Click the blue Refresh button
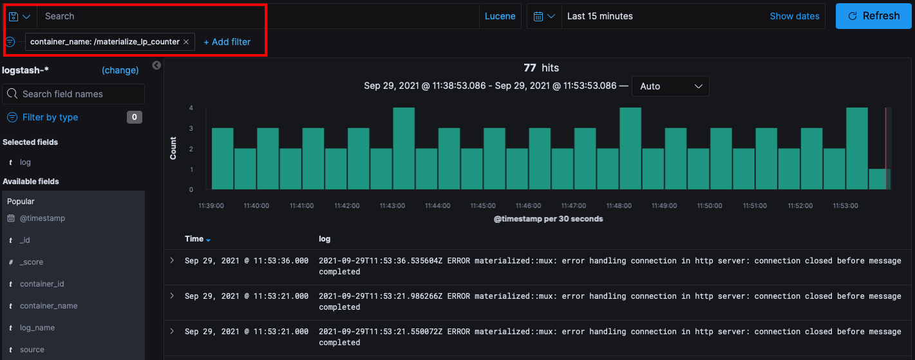[874, 16]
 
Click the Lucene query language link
[500, 16]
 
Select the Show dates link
[795, 16]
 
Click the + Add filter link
[227, 42]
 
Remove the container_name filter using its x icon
[186, 42]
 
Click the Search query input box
[258, 16]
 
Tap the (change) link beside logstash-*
[120, 70]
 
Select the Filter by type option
[50, 117]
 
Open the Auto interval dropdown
[670, 86]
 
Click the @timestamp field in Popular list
[42, 218]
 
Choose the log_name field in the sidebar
[37, 328]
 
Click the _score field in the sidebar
[32, 262]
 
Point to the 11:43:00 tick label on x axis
[392, 206]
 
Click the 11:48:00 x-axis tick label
[619, 206]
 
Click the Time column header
[194, 239]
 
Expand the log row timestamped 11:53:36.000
[172, 260]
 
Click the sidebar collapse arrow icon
[156, 65]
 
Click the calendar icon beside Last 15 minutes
[538, 16]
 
